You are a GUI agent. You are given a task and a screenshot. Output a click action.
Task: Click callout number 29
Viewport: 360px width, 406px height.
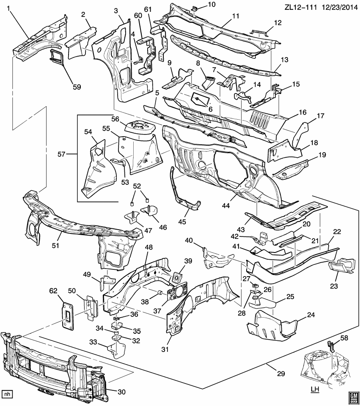pyautogui.click(x=280, y=373)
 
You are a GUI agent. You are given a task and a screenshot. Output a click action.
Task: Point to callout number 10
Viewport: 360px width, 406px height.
pyautogui.click(x=211, y=4)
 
